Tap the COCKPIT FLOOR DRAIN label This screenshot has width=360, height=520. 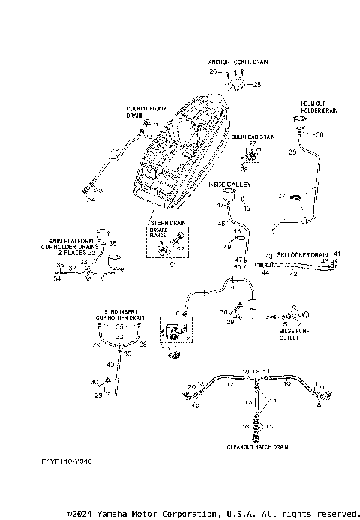[x=145, y=113]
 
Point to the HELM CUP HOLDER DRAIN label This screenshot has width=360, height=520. [x=319, y=107]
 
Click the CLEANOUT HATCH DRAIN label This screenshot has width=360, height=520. [x=258, y=446]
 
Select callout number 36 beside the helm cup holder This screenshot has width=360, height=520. [x=319, y=135]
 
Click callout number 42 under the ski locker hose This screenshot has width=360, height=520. [x=294, y=274]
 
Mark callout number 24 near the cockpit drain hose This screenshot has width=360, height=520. [x=91, y=200]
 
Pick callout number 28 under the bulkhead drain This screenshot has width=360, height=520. [x=244, y=170]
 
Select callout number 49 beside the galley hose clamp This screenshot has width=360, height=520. [x=227, y=246]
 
